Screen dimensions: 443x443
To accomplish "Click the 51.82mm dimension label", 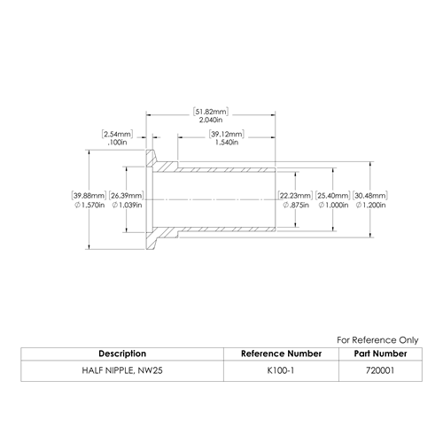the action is [x=211, y=112].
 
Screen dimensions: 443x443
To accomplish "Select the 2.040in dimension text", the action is [x=211, y=120].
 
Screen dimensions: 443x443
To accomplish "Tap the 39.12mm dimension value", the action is [x=227, y=134].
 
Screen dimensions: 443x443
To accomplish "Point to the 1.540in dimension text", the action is [x=227, y=143].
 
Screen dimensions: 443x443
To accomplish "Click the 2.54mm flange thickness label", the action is [x=117, y=134].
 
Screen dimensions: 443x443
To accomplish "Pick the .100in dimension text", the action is [x=117, y=143].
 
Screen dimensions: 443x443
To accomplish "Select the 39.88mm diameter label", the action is [x=89, y=196].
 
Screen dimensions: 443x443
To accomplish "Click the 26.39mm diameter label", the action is [x=126, y=196].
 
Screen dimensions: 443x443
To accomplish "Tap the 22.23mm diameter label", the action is [x=295, y=196].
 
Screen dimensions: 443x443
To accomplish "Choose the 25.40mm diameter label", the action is [x=333, y=196].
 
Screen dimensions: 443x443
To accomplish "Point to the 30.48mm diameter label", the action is [x=370, y=196].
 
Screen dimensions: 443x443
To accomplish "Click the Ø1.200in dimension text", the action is [x=370, y=205].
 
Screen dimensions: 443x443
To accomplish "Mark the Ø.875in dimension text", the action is [x=296, y=205].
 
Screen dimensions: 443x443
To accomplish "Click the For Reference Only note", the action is [x=377, y=340].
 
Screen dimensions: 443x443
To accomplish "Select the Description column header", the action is [x=122, y=354].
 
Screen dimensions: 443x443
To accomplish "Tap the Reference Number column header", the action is [x=281, y=354].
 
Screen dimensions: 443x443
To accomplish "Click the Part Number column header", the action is [x=380, y=354].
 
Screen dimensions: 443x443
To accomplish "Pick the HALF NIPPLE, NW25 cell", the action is [x=122, y=370].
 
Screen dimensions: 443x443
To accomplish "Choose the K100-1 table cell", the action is [x=281, y=370].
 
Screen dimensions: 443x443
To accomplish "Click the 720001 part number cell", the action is [x=380, y=370].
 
